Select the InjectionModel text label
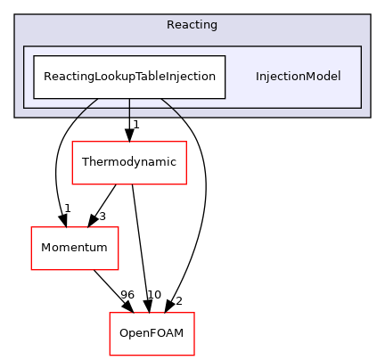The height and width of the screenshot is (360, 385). pyautogui.click(x=298, y=77)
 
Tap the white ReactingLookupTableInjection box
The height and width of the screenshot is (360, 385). pyautogui.click(x=129, y=77)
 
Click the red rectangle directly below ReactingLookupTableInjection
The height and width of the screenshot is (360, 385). pyautogui.click(x=129, y=163)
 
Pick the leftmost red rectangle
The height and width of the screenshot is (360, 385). pyautogui.click(x=75, y=249)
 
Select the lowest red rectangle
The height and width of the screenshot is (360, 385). pyautogui.click(x=152, y=334)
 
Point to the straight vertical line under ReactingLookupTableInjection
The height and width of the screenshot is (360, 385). pyautogui.click(x=129, y=108)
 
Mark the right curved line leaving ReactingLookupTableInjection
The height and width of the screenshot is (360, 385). pyautogui.click(x=174, y=110)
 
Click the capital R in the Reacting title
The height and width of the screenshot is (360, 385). pyautogui.click(x=170, y=24)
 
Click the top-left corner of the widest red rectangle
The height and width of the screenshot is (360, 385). pyautogui.click(x=72, y=142)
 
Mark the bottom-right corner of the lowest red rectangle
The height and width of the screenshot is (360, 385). pyautogui.click(x=194, y=356)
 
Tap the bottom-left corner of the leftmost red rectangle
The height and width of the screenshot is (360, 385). pyautogui.click(x=31, y=270)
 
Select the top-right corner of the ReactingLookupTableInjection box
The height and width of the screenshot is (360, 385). pyautogui.click(x=225, y=56)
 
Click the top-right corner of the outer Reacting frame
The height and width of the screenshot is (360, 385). pyautogui.click(x=370, y=14)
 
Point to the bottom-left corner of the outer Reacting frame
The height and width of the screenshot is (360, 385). pyautogui.click(x=15, y=117)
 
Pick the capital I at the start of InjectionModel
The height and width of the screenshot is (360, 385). pyautogui.click(x=258, y=77)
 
